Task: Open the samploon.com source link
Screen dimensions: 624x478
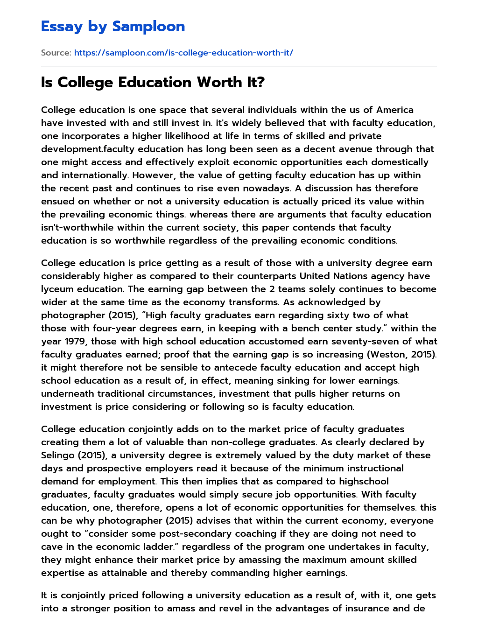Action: [x=183, y=53]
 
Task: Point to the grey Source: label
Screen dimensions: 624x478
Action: [x=56, y=53]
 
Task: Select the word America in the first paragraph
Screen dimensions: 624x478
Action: [x=395, y=110]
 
